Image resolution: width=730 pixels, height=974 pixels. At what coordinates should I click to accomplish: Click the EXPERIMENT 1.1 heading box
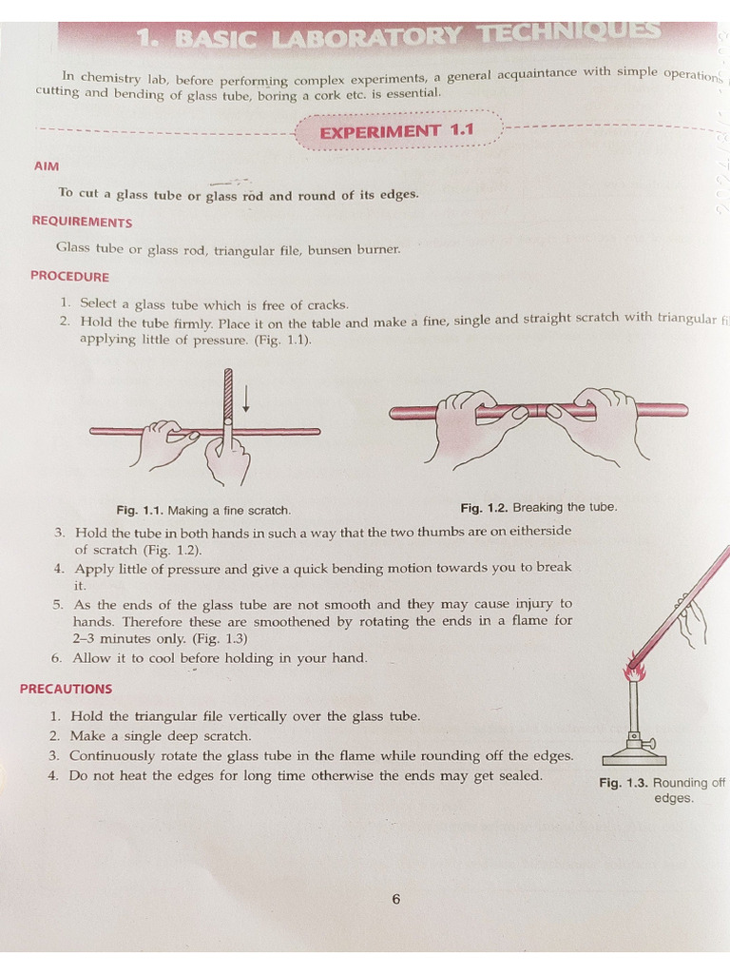(396, 131)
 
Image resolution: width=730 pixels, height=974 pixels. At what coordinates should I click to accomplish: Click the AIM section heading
(47, 166)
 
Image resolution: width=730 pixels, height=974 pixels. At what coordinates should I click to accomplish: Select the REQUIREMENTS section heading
(82, 222)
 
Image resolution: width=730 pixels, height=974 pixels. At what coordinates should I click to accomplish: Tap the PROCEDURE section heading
(69, 277)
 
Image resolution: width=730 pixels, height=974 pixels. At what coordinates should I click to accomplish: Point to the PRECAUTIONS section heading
(66, 689)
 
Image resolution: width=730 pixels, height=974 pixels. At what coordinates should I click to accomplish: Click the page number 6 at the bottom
(395, 899)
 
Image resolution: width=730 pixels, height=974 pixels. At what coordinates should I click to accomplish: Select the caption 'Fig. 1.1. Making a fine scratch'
(203, 511)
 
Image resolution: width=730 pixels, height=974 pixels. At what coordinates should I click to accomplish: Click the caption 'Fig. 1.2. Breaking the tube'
(538, 507)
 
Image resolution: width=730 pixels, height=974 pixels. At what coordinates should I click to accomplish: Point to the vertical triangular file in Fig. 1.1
(227, 399)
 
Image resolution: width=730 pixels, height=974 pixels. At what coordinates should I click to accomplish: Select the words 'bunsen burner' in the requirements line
(354, 250)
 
